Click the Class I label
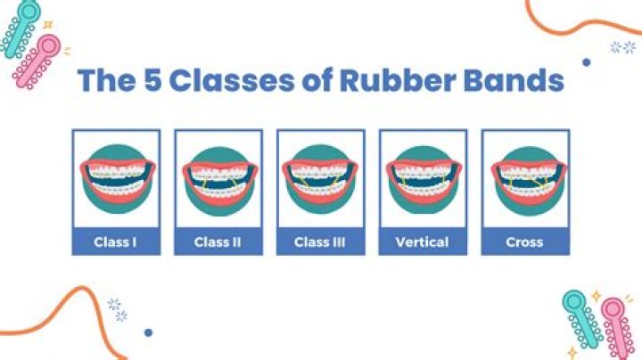coord(116,241)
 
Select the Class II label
coord(218,241)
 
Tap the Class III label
coord(320,241)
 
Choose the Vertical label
coord(423,241)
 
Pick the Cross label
coord(524,241)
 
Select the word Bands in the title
coord(519,82)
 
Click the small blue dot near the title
coord(586,62)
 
